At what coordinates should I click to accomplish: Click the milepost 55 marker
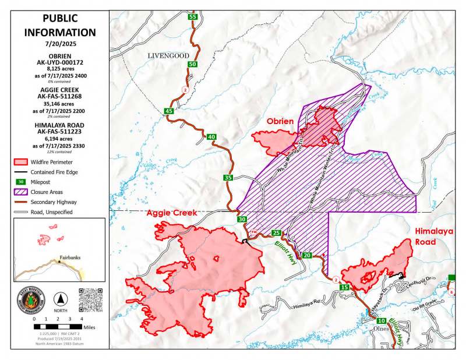[x=192, y=17]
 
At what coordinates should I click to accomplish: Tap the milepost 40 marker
[x=211, y=137]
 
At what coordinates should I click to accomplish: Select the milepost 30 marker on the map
[x=242, y=220]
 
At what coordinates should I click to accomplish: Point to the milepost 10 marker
[x=381, y=321]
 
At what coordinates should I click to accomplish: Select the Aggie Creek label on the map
[x=172, y=213]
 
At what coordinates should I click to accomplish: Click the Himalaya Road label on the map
[x=433, y=236]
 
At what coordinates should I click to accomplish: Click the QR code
[x=90, y=299]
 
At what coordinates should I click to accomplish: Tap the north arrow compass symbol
[x=60, y=301]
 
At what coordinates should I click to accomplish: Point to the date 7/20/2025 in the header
[x=60, y=44]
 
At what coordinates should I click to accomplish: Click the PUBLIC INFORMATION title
[x=60, y=26]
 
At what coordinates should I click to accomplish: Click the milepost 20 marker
[x=308, y=255]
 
